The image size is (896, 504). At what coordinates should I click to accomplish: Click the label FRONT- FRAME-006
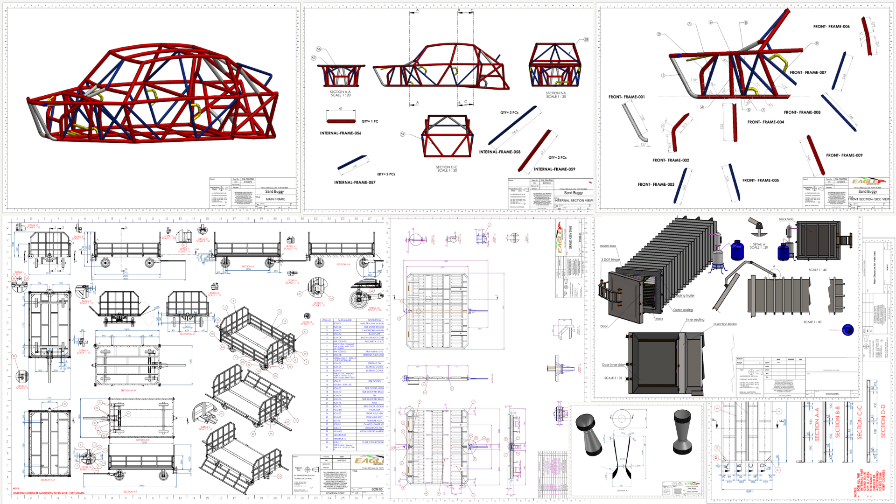[831, 27]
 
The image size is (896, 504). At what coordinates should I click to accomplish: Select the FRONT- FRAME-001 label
[626, 97]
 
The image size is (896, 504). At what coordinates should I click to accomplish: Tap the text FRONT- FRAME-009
[844, 155]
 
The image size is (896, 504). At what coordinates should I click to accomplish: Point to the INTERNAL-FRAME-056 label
[340, 133]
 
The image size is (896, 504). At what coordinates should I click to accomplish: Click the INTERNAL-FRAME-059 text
[554, 169]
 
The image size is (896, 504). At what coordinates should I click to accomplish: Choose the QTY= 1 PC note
[370, 121]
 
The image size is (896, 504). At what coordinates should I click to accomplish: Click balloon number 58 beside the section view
[586, 40]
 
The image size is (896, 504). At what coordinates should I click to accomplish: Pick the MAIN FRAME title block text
[275, 199]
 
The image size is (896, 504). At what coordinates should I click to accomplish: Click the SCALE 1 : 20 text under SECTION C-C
[447, 171]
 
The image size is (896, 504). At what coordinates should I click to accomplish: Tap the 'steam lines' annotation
[608, 246]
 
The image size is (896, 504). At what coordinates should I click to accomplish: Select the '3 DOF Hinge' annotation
[610, 259]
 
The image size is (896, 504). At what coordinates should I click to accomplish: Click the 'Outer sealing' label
[683, 310]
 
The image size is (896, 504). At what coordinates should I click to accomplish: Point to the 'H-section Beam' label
[725, 324]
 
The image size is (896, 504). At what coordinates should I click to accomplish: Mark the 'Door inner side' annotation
[613, 365]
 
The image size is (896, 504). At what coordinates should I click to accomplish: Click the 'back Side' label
[786, 219]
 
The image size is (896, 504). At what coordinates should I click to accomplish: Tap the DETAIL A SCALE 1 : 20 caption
[759, 246]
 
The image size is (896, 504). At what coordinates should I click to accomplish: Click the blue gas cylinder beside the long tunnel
[737, 251]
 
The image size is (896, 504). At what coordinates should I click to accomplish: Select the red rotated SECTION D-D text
[883, 421]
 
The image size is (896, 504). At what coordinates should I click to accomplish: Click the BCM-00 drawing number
[377, 490]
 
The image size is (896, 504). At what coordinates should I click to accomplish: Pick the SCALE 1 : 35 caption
[613, 378]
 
